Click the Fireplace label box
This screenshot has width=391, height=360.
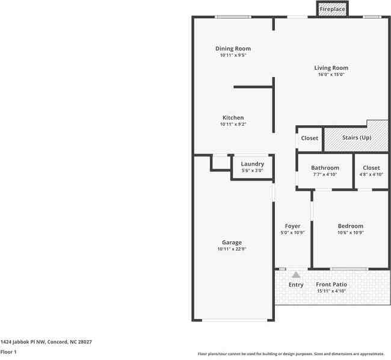click(x=332, y=10)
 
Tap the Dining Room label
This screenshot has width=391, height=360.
click(x=233, y=49)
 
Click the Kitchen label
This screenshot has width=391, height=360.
click(x=233, y=117)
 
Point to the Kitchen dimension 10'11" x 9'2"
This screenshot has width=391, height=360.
click(x=233, y=124)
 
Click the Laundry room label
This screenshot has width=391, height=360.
click(x=252, y=164)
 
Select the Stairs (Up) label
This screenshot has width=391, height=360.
click(x=356, y=138)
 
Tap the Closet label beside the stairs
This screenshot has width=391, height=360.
click(x=309, y=138)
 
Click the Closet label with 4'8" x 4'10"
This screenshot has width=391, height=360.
click(x=371, y=168)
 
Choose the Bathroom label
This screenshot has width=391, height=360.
click(x=325, y=168)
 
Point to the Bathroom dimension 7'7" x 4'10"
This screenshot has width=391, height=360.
click(x=325, y=175)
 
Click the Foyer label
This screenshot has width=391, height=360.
click(x=292, y=226)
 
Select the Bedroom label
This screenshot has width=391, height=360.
click(x=350, y=226)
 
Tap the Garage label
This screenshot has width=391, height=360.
click(x=232, y=243)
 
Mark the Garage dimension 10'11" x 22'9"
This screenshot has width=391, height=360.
click(x=232, y=249)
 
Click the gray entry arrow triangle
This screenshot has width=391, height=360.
click(x=296, y=275)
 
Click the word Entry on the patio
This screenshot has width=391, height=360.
click(x=296, y=285)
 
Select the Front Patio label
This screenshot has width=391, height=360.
click(x=331, y=285)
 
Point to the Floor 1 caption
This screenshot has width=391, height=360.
click(x=8, y=352)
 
